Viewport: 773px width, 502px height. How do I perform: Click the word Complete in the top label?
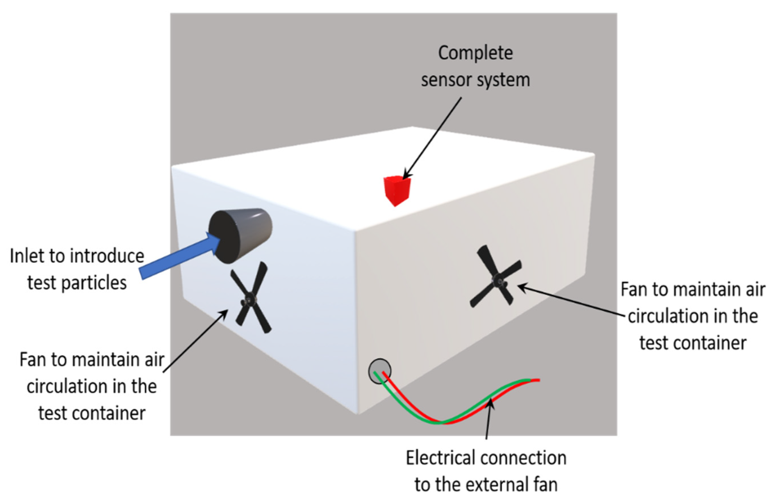pos(475,53)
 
